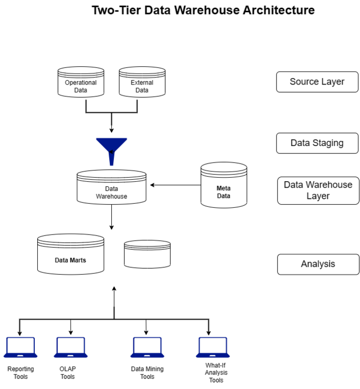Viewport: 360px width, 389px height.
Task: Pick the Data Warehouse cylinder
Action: pos(111,188)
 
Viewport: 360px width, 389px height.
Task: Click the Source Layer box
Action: pos(317,82)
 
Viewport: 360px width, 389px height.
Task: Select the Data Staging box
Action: pos(317,143)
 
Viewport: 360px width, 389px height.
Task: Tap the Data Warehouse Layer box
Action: pos(318,190)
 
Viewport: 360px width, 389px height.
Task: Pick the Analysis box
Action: pos(318,264)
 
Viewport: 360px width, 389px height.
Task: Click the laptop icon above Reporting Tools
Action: pos(20,347)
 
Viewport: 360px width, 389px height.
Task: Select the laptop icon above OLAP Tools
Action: pos(70,347)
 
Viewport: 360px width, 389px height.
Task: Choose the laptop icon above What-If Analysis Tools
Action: pos(212,347)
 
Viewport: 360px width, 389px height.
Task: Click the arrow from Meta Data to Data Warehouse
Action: pos(176,185)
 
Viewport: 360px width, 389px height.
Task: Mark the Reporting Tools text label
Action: pos(21,373)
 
